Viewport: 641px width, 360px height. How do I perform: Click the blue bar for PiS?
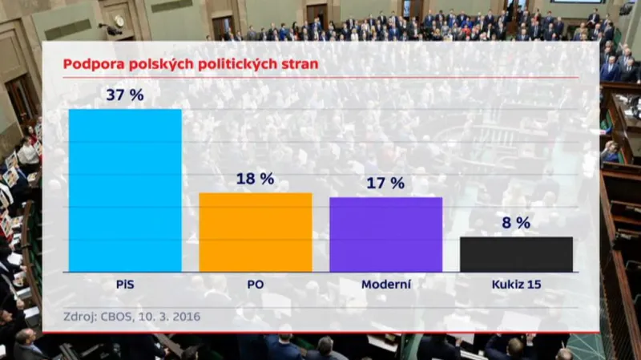[x=125, y=190]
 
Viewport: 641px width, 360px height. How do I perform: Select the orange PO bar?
[x=255, y=233]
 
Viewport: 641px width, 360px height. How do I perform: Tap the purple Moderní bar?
[x=385, y=234]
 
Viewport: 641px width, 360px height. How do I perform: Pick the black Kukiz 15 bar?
[x=516, y=254]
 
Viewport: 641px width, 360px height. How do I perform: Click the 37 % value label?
[x=125, y=95]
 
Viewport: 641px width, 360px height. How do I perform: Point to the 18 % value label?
[x=255, y=178]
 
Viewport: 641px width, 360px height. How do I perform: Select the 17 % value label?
[x=385, y=183]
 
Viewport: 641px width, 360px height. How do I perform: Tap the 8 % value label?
[x=516, y=223]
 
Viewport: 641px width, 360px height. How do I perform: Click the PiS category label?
[x=125, y=284]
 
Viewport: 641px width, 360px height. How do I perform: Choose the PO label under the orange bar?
[x=255, y=284]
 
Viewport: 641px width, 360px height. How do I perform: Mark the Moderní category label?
[x=386, y=284]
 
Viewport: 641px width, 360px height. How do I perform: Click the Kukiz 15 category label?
[x=516, y=284]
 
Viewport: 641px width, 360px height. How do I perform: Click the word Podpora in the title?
[x=92, y=63]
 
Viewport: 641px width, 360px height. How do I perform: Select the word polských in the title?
[x=153, y=63]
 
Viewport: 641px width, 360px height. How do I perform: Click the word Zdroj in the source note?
[x=79, y=316]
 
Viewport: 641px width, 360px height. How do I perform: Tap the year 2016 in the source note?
[x=184, y=316]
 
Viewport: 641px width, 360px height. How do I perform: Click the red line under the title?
[x=320, y=78]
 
